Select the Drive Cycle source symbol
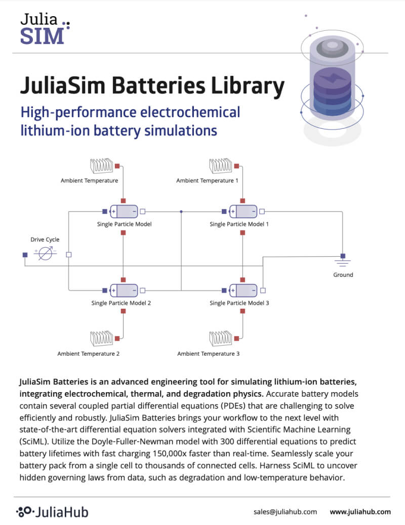pos(46,254)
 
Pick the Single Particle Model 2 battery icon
pos(124,290)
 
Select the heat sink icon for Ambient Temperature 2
pos(102,338)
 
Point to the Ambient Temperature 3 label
pos(208,354)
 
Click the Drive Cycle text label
pos(45,239)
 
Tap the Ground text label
pos(343,275)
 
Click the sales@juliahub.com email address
pos(285,511)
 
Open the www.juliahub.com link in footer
pos(360,511)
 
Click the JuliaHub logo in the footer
pos(52,511)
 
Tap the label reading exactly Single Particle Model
pos(124,224)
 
